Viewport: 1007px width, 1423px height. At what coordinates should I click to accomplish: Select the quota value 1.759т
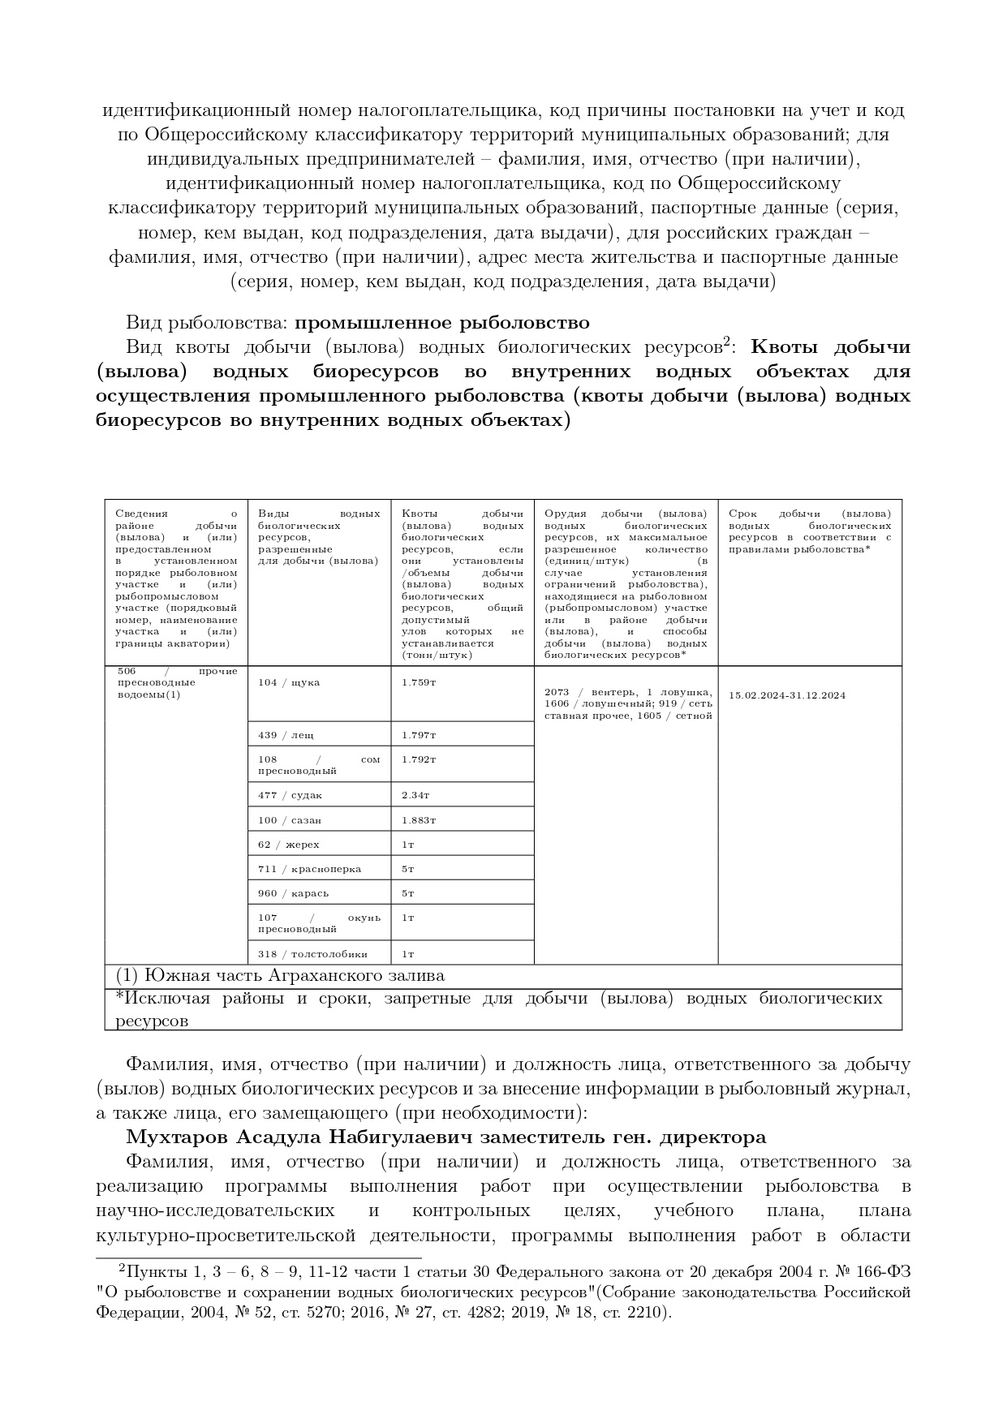(419, 682)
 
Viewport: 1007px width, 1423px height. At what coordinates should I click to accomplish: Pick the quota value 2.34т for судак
(415, 796)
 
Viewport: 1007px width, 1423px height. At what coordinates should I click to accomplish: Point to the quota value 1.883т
(419, 820)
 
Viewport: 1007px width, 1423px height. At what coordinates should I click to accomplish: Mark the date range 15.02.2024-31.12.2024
(787, 695)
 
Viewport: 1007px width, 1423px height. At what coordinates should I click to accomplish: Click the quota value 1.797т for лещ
(419, 735)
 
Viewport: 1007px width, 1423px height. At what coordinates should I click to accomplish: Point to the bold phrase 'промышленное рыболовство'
(441, 323)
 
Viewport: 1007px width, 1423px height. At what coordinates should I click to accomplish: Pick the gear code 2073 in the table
(557, 692)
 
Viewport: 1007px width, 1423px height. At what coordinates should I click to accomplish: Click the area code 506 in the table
(127, 671)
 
